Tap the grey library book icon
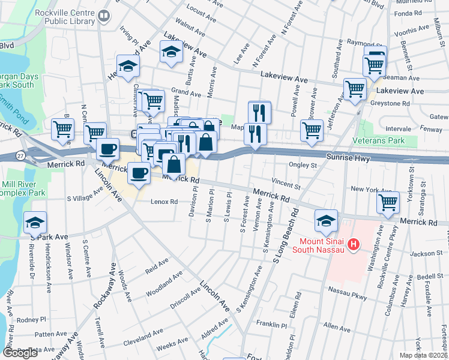[x=104, y=17]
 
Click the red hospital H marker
[x=354, y=245]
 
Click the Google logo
[x=20, y=353]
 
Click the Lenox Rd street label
[x=164, y=202]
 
